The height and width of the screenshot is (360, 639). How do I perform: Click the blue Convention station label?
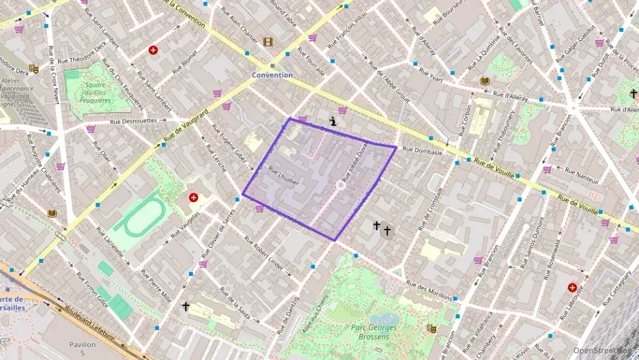pos(272,75)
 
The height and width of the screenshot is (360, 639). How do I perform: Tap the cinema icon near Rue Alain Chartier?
pos(268,42)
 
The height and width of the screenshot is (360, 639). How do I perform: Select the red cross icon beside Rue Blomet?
pos(153,50)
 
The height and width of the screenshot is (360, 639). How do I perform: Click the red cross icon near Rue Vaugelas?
pos(193,197)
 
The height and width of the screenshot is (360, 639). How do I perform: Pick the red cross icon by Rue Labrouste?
pos(572,288)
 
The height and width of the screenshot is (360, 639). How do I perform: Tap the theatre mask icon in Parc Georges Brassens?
pos(431,329)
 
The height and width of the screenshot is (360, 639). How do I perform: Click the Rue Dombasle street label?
pos(423,150)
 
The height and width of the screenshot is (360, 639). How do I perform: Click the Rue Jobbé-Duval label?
pos(356,167)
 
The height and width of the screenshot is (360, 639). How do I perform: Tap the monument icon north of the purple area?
pos(333,121)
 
